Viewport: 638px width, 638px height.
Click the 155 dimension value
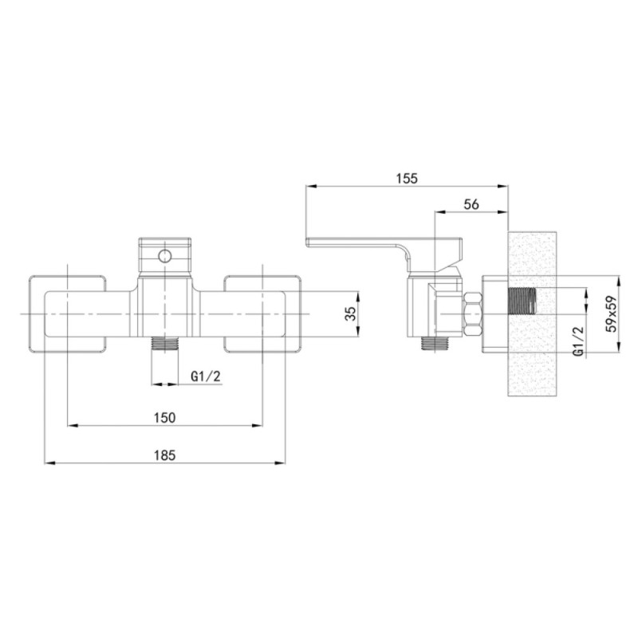[407, 178]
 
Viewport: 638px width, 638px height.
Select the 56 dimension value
[471, 204]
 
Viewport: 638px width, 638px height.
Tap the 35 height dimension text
[351, 313]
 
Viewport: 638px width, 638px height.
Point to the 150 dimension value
[165, 417]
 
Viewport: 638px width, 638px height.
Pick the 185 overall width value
[165, 455]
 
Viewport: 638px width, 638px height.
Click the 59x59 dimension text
[611, 313]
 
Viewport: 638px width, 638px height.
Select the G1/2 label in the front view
[206, 376]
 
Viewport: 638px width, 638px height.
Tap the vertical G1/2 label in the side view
[579, 341]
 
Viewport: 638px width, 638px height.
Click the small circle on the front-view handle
[165, 256]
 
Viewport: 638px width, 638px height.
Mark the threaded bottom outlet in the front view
[165, 345]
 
